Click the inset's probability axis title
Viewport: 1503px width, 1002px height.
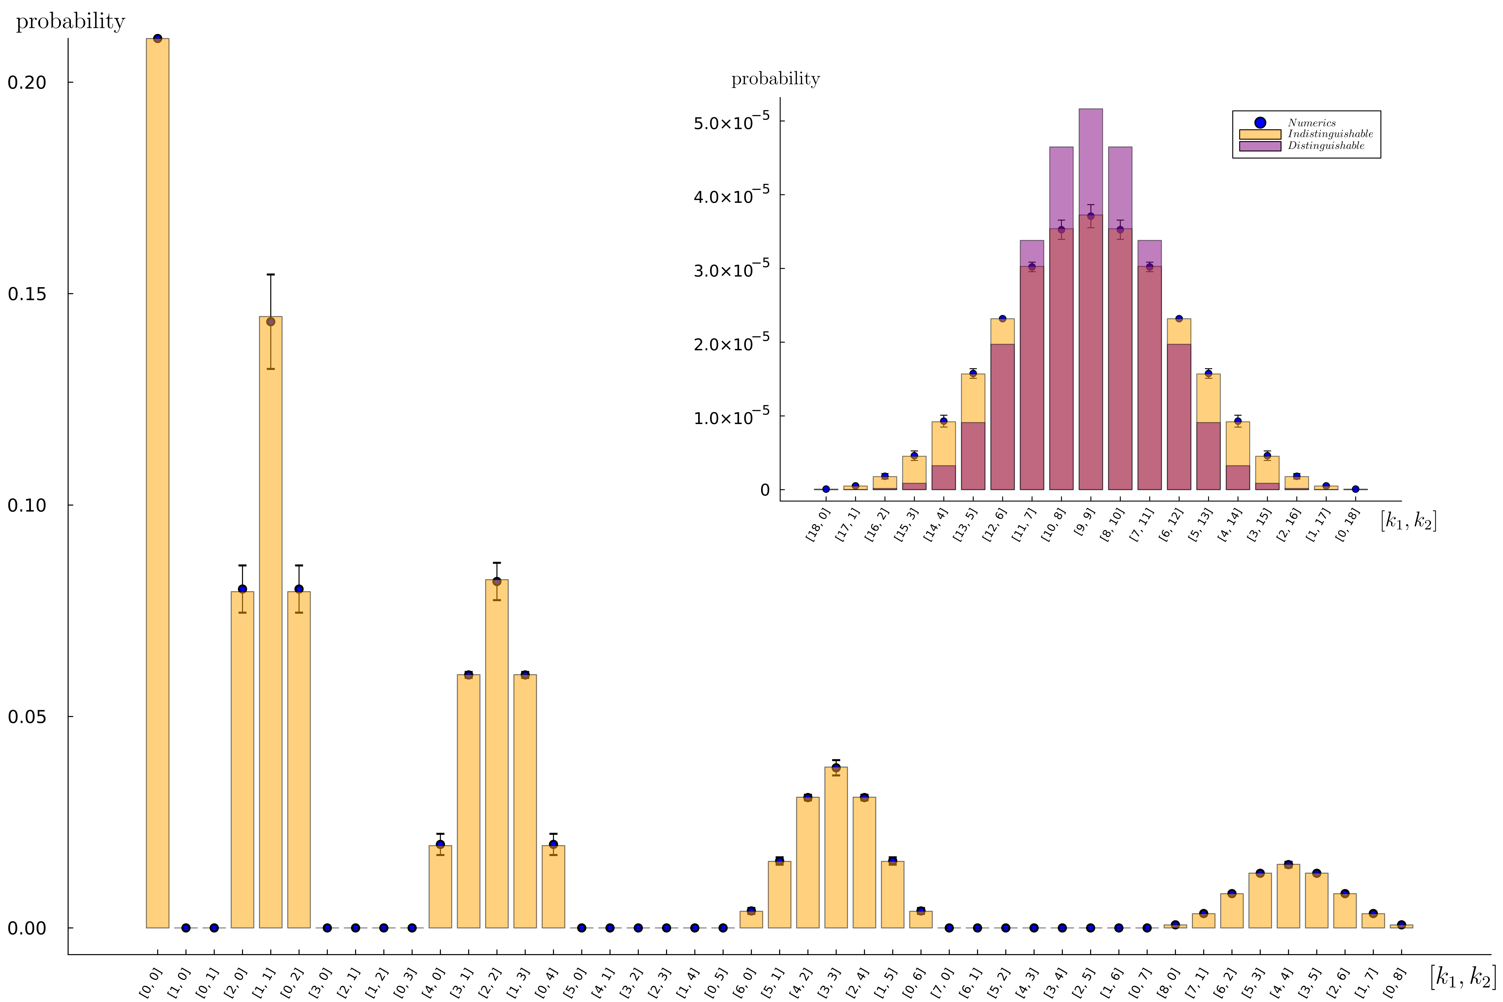tap(775, 79)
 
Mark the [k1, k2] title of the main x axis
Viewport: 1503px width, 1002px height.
tap(1463, 976)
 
